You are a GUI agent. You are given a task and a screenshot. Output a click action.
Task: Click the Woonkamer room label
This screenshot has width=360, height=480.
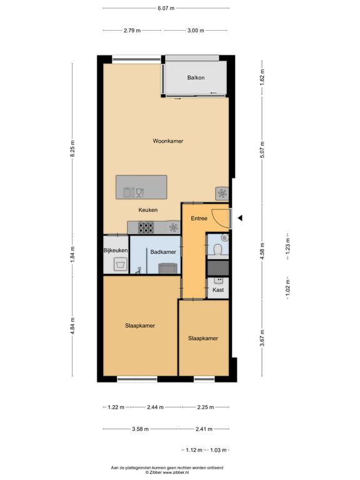(168, 141)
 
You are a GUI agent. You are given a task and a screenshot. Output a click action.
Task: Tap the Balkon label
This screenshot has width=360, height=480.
(196, 77)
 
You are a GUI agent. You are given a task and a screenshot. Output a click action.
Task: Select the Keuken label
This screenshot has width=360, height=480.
(148, 210)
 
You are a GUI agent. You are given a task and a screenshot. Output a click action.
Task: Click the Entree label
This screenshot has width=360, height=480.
(199, 218)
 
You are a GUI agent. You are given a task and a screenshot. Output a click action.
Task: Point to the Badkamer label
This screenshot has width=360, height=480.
(163, 252)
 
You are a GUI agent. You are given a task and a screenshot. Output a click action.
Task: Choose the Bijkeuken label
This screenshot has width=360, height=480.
(116, 251)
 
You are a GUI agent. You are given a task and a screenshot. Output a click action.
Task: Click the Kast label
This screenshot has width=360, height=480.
(218, 289)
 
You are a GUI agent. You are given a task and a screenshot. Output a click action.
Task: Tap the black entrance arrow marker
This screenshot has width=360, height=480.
(240, 218)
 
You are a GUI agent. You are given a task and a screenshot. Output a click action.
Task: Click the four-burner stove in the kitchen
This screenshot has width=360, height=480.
(146, 227)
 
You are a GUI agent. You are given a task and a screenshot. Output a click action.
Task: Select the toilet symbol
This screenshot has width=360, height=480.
(218, 249)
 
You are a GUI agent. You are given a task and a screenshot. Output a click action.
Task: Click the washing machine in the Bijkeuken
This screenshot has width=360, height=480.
(120, 264)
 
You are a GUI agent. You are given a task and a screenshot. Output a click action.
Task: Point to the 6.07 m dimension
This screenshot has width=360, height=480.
(166, 8)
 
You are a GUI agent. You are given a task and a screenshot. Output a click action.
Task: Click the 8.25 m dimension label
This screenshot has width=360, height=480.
(72, 149)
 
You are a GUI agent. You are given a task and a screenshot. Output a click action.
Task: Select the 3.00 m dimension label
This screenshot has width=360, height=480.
(196, 30)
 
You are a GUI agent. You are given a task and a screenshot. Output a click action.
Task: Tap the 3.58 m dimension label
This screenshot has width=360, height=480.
(140, 429)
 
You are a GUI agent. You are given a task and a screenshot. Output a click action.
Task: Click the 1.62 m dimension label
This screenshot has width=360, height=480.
(262, 77)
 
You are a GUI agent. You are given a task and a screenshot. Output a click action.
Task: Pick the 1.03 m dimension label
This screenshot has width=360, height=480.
(218, 450)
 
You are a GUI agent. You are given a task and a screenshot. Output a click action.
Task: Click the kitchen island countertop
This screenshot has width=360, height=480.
(141, 187)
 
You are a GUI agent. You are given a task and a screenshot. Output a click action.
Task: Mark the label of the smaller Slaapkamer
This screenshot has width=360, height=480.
(203, 338)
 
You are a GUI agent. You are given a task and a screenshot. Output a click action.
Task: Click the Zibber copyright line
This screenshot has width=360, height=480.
(167, 472)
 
